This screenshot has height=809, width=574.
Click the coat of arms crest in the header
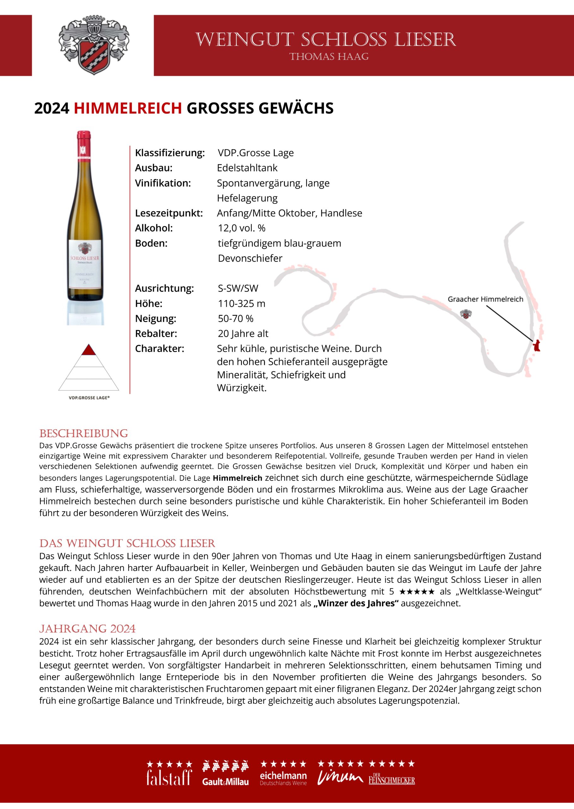93,45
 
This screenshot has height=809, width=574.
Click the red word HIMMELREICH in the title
128,108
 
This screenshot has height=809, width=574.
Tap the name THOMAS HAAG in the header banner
329,57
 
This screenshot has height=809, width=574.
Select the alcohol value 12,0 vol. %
241,228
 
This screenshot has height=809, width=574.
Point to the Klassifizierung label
170,153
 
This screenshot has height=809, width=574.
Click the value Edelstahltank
247,168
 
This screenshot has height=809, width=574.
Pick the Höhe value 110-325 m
241,303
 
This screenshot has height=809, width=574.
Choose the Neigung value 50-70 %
235,319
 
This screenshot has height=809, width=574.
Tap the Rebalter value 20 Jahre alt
243,333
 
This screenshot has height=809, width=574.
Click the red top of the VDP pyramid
88,350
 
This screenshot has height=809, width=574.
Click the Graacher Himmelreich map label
485,299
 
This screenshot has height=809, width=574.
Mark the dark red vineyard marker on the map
536,345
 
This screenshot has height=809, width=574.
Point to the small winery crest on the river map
466,313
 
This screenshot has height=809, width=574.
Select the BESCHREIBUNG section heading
83,434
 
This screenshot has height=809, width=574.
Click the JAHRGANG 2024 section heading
87,629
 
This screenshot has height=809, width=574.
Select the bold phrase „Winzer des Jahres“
356,603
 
